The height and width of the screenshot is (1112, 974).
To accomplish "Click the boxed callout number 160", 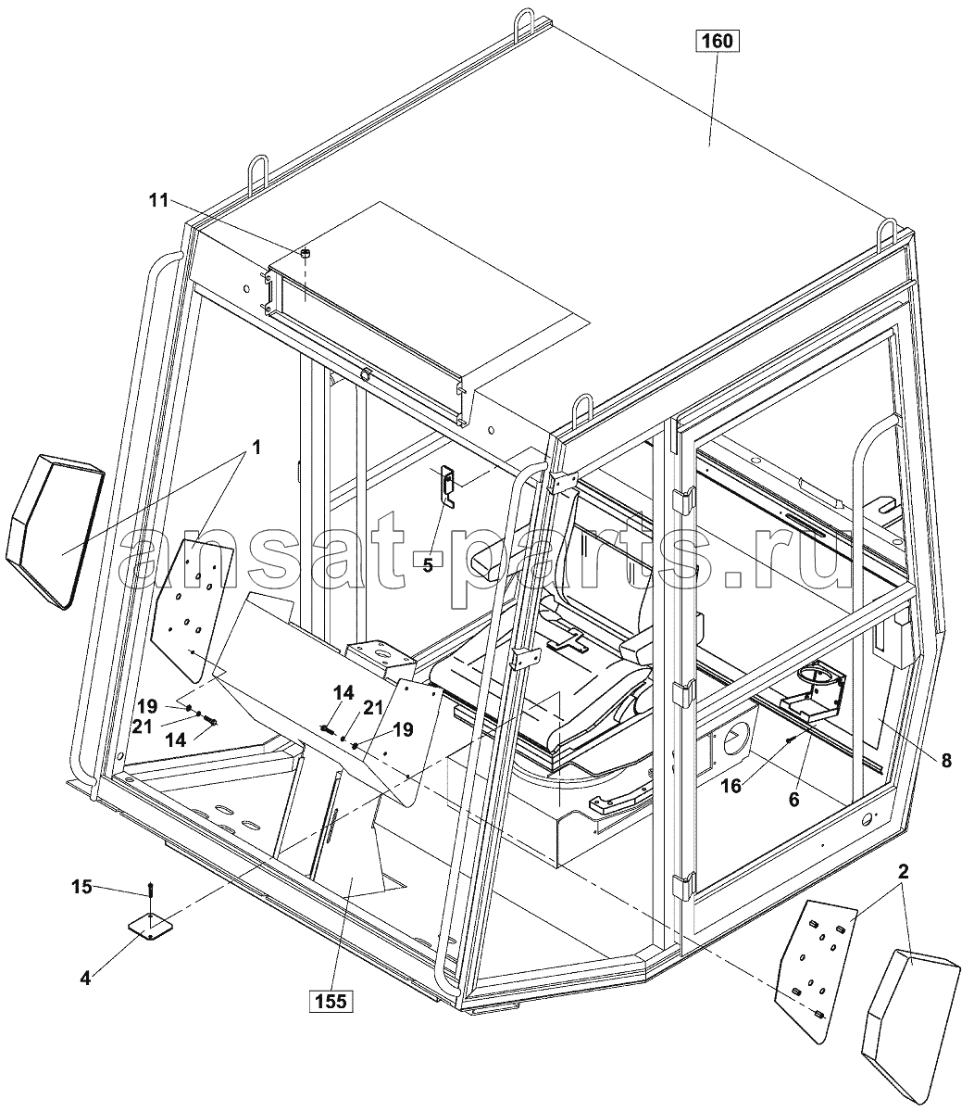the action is pos(717,41).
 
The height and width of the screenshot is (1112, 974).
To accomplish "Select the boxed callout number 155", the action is pos(331,1002).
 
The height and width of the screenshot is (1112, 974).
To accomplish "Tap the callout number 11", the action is pos(158,201).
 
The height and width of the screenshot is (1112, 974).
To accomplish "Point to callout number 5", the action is pos(427,564).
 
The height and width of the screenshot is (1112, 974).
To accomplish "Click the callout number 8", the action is pos(946,762).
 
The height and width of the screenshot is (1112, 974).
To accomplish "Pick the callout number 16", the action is pos(731,787).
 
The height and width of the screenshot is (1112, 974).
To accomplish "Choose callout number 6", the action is pos(794,801).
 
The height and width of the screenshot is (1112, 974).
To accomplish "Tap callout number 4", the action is pos(85,978).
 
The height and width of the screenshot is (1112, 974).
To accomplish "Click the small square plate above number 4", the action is pos(150,927).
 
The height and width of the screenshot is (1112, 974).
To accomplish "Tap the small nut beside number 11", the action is pos(306,254).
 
